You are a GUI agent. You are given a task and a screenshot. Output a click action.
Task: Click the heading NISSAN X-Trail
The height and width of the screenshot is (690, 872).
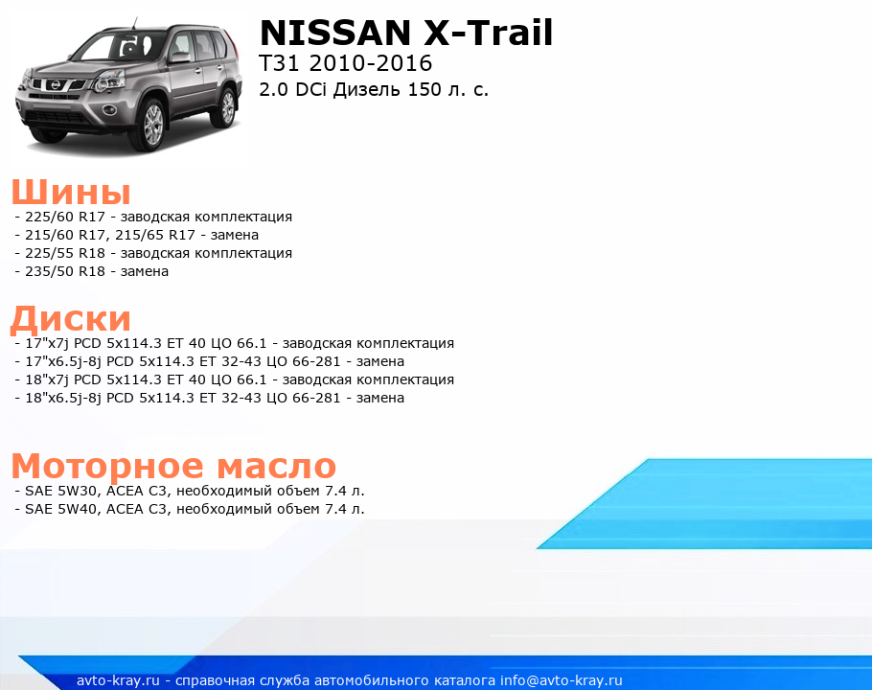(406, 33)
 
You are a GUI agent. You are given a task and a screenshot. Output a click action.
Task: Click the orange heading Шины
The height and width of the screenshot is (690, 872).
(71, 193)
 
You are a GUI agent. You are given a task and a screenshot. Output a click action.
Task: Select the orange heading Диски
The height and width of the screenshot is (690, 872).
(71, 318)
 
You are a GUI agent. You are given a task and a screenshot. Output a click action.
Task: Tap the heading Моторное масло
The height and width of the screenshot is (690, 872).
(173, 466)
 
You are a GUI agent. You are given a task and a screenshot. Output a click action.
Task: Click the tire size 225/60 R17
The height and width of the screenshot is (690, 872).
(65, 217)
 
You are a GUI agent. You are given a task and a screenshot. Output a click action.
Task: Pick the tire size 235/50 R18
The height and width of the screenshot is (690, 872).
(65, 271)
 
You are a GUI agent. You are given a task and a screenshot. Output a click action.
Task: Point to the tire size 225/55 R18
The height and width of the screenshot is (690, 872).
(65, 253)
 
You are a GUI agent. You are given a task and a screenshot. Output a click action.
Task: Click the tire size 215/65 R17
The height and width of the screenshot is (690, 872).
(155, 235)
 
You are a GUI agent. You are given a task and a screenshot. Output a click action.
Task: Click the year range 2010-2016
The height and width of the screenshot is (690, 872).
(371, 63)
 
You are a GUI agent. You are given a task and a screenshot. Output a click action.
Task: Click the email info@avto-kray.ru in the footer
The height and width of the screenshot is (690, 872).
(562, 680)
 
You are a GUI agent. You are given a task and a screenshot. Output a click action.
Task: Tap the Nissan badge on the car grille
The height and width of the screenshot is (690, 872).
(55, 85)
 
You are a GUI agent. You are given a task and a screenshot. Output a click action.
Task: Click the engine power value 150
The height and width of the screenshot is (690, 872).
(425, 89)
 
